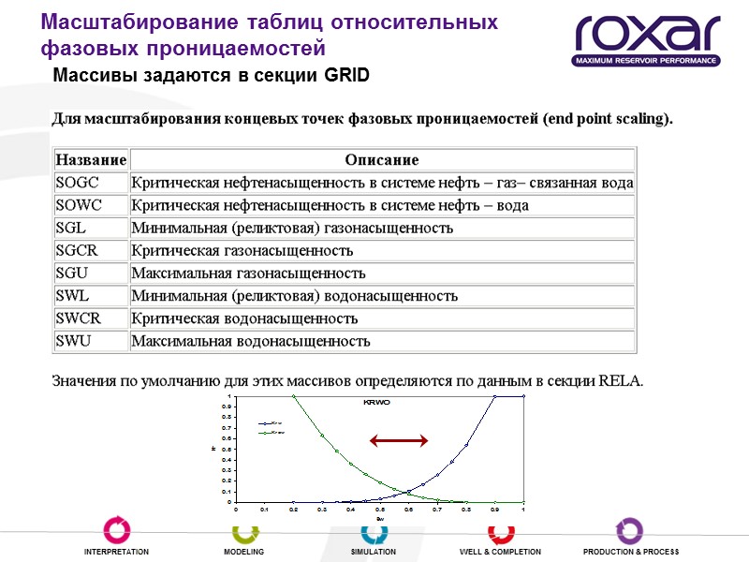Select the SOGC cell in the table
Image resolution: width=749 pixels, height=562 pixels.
(x=78, y=183)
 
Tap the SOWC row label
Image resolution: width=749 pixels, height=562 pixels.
(x=79, y=205)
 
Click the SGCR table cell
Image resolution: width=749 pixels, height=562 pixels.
(x=77, y=250)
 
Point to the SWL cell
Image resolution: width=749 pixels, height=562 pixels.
(x=72, y=296)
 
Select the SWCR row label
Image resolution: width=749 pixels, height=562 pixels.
(x=79, y=318)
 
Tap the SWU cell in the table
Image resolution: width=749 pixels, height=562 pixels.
(x=73, y=341)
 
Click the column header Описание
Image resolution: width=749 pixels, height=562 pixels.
(x=381, y=160)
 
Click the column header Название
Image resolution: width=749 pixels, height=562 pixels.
(x=91, y=160)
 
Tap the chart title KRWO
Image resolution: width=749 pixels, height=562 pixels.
(x=376, y=402)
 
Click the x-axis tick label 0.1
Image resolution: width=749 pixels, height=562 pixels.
(x=265, y=510)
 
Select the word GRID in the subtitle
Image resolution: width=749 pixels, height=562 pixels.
(x=346, y=76)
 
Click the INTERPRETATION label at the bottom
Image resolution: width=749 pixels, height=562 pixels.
(x=116, y=553)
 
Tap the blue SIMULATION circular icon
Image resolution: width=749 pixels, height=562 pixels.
(x=374, y=530)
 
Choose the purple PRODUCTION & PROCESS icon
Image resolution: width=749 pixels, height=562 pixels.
(x=629, y=530)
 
